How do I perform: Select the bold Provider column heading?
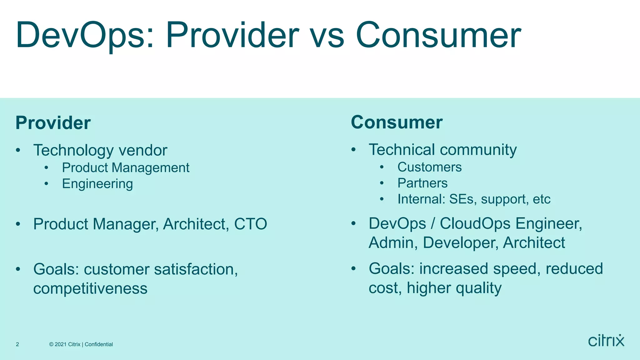pyautogui.click(x=53, y=123)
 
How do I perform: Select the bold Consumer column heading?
pyautogui.click(x=397, y=122)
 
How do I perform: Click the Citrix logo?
pyautogui.click(x=606, y=341)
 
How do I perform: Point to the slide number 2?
pyautogui.click(x=17, y=344)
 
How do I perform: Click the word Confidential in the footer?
pyautogui.click(x=99, y=344)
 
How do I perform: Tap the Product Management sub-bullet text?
pyautogui.click(x=126, y=168)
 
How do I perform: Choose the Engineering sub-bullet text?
pyautogui.click(x=97, y=184)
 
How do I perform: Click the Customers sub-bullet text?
pyautogui.click(x=429, y=167)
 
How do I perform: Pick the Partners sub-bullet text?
pyautogui.click(x=422, y=183)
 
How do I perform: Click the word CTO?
pyautogui.click(x=251, y=224)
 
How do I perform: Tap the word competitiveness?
pyautogui.click(x=90, y=288)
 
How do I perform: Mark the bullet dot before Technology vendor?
pyautogui.click(x=18, y=150)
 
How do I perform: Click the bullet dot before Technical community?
pyautogui.click(x=353, y=150)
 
